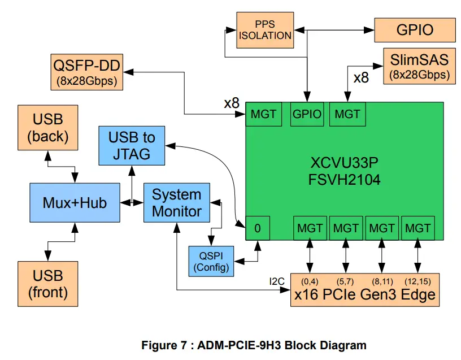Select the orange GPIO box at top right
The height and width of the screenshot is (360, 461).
pyautogui.click(x=415, y=30)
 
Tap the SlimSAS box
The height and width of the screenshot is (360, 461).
pyautogui.click(x=419, y=67)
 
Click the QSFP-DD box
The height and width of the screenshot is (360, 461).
pyautogui.click(x=86, y=71)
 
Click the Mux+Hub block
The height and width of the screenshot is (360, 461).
pyautogui.click(x=74, y=202)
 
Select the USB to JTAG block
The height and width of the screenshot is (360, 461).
pyautogui.click(x=132, y=145)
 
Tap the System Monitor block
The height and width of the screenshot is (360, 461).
pyautogui.click(x=177, y=203)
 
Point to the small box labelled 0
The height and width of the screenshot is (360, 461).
pyautogui.click(x=258, y=228)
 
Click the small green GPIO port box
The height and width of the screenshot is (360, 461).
pyautogui.click(x=307, y=114)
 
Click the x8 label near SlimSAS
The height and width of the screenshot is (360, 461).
pyautogui.click(x=361, y=78)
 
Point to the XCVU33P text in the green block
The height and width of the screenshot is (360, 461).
pyautogui.click(x=343, y=164)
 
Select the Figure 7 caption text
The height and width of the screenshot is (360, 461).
pyautogui.click(x=254, y=345)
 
